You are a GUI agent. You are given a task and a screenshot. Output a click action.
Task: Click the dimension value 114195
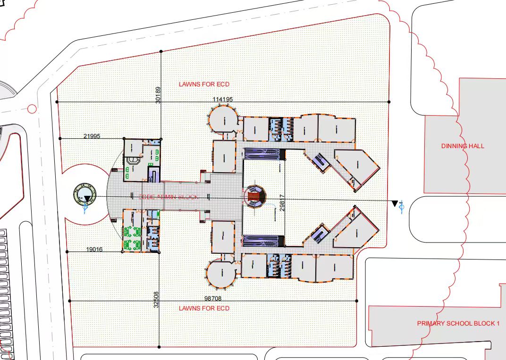[x=222, y=99]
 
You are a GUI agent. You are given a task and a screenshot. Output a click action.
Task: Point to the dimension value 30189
[x=158, y=95]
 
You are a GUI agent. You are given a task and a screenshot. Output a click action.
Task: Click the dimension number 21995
[x=92, y=136]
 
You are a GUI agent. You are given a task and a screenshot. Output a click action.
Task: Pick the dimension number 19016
[x=94, y=250]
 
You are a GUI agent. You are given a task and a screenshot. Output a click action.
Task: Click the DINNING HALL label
[x=463, y=146]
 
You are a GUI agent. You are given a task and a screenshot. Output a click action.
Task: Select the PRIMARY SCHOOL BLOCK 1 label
[x=458, y=324]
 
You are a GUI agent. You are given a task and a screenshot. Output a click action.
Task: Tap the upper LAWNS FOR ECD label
[x=204, y=84]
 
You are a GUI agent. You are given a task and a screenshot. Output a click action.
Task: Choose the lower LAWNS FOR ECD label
[x=204, y=309]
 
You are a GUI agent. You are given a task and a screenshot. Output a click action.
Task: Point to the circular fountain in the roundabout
[x=85, y=195]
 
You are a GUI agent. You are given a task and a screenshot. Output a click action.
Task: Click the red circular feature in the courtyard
[x=254, y=196]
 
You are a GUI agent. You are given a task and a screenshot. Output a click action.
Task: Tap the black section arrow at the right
[x=395, y=203]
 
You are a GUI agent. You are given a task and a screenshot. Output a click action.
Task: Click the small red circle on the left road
[x=32, y=109]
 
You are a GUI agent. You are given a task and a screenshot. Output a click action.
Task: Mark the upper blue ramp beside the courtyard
[x=262, y=154]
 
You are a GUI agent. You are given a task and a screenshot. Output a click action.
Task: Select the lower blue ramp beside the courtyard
[x=262, y=241]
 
